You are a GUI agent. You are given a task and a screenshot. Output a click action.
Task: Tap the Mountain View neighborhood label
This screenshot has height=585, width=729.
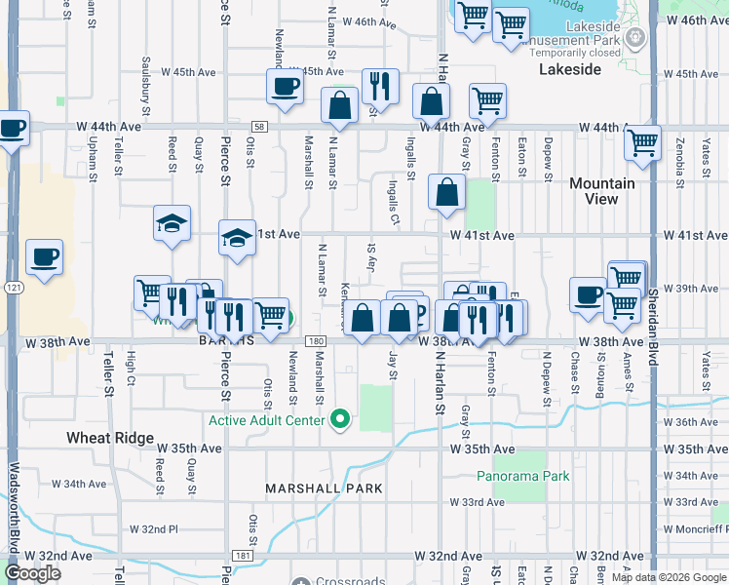coord(601,191)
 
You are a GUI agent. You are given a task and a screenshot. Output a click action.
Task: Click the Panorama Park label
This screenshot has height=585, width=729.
coord(522,477)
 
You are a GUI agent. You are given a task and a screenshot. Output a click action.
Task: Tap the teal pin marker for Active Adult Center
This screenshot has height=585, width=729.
coord(340,419)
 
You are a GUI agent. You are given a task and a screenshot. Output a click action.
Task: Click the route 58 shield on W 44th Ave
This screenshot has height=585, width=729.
coord(258,127)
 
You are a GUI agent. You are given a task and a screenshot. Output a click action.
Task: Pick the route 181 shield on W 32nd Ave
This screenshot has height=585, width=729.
coord(244,556)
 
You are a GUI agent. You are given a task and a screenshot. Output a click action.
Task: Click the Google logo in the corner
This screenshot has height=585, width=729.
coord(32,573)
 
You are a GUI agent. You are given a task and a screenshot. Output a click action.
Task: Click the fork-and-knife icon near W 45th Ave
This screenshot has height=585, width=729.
coord(379,86)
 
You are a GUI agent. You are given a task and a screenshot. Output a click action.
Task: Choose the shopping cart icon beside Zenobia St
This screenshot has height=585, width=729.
coord(642,142)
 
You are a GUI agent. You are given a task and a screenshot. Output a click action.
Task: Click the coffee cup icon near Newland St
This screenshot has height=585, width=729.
coord(285,86)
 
